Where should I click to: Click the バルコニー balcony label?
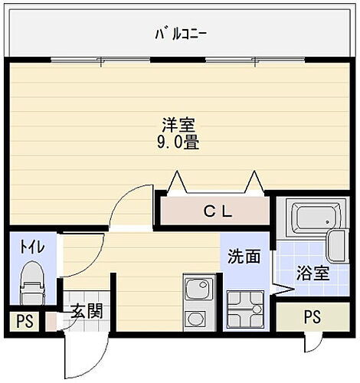coord(181,34)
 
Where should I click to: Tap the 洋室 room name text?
coord(178,125)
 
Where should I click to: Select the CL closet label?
coord(218,211)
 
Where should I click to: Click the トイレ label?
coord(32,247)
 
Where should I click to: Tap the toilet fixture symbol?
coord(32,283)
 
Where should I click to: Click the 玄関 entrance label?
coord(87,311)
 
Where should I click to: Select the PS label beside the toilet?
coord(25,321)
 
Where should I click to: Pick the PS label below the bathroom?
coord(313,316)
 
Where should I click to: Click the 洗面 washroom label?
coord(244,257)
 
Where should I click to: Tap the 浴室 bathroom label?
coord(313,273)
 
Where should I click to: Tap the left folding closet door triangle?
coord(177,182)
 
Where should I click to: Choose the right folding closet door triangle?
coord(254,182)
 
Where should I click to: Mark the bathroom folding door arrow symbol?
coord(282,290)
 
